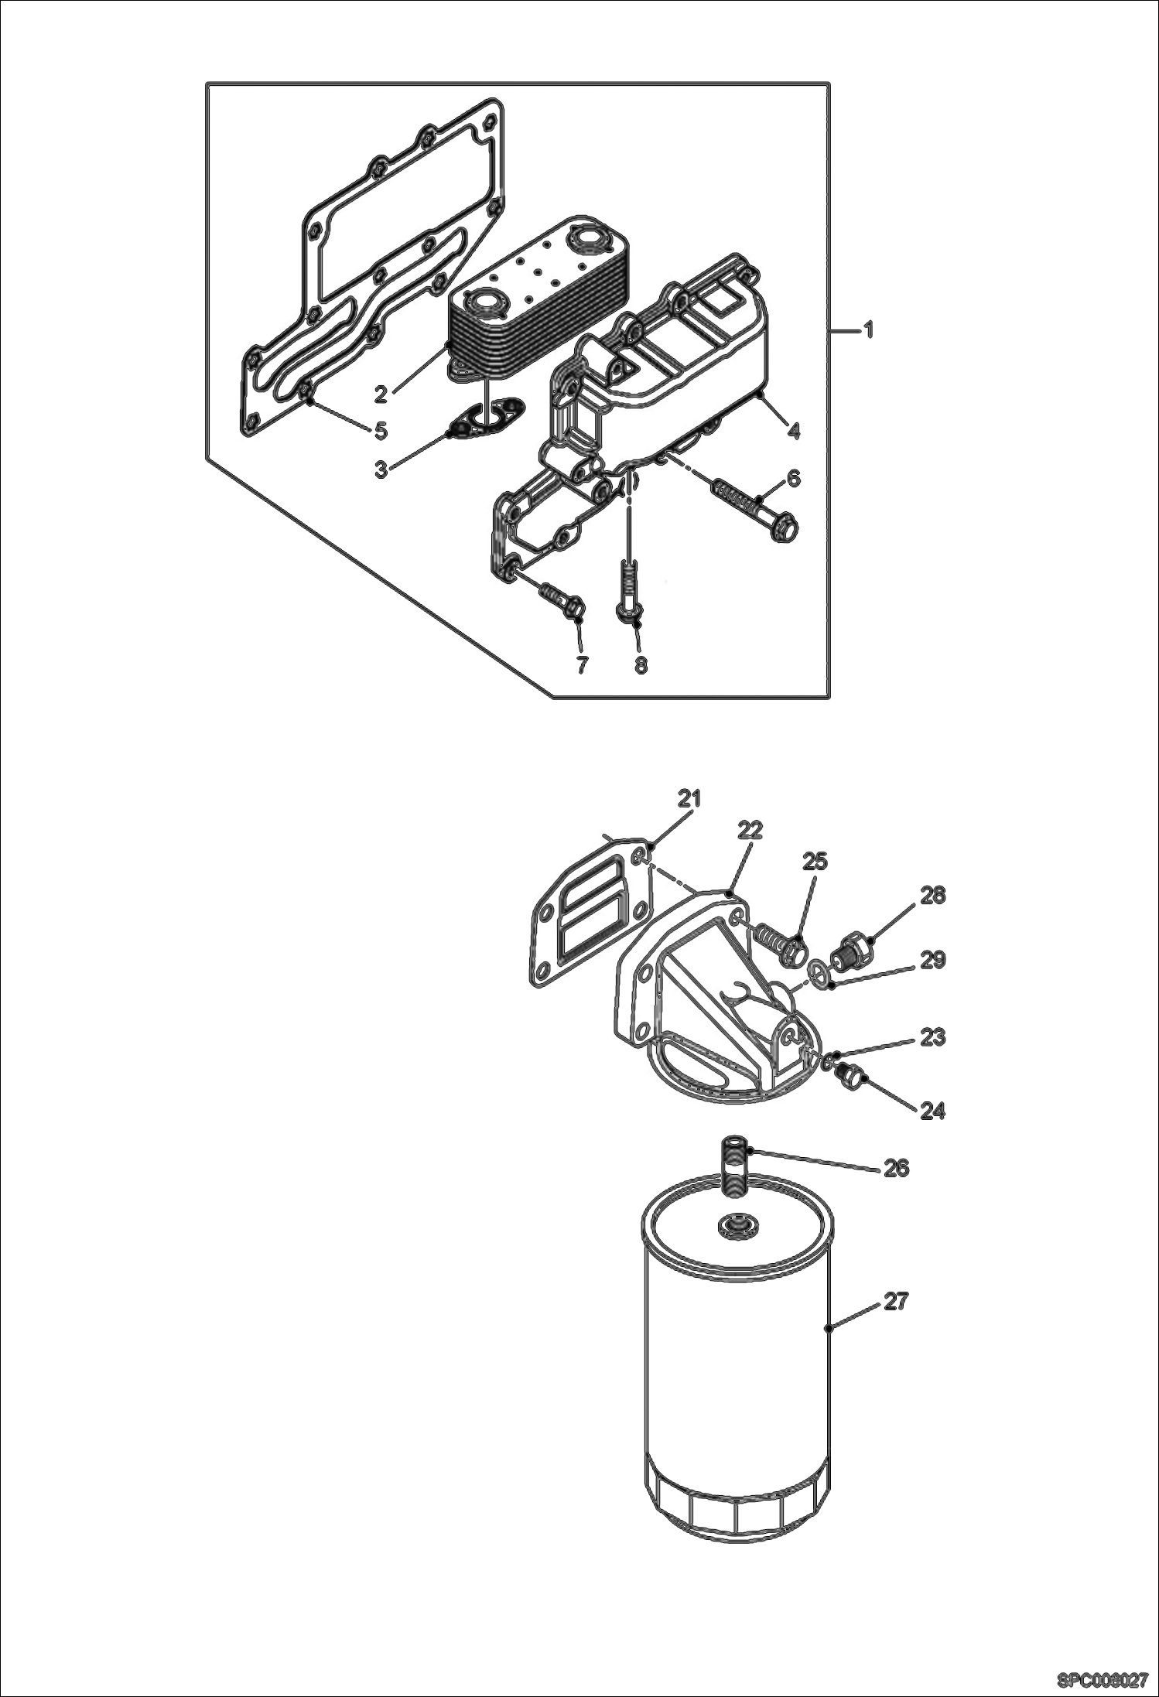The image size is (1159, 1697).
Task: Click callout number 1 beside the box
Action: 868,331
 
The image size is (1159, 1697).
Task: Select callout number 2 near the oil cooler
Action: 381,395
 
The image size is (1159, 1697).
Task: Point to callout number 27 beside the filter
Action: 895,1303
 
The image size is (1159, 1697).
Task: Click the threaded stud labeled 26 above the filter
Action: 734,1163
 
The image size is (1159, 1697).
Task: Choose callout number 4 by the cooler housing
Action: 793,430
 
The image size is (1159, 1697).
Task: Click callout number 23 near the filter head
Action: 932,1036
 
